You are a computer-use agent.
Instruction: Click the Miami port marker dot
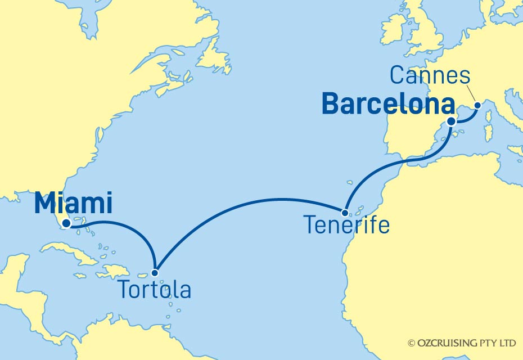(x=66, y=224)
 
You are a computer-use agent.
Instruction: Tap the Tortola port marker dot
(x=155, y=273)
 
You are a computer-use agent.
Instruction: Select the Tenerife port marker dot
(x=345, y=213)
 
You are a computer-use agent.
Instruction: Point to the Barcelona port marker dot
(x=452, y=121)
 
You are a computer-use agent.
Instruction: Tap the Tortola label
(x=154, y=290)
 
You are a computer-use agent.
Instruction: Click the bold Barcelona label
(x=389, y=105)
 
